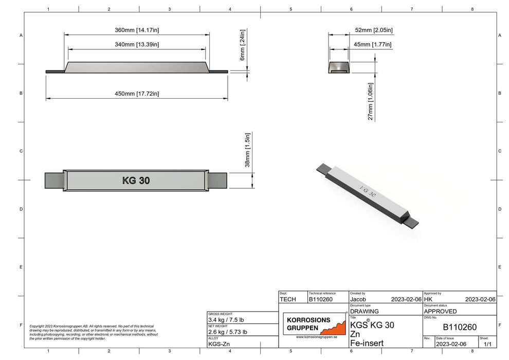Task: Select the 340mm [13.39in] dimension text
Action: [x=136, y=45]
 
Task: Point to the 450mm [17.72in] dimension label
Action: [x=136, y=93]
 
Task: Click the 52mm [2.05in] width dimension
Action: [x=374, y=30]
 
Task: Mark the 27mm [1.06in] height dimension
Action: [x=370, y=101]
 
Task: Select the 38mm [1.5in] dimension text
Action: [x=247, y=150]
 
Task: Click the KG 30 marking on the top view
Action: [x=136, y=181]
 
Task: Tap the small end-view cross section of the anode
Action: [x=340, y=67]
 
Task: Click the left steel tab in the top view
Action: [x=54, y=181]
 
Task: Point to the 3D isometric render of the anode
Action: [x=367, y=194]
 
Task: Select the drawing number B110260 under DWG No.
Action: [x=460, y=327]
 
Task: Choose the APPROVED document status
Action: [x=441, y=311]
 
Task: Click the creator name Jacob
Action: [x=362, y=299]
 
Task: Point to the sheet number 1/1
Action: [x=486, y=344]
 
